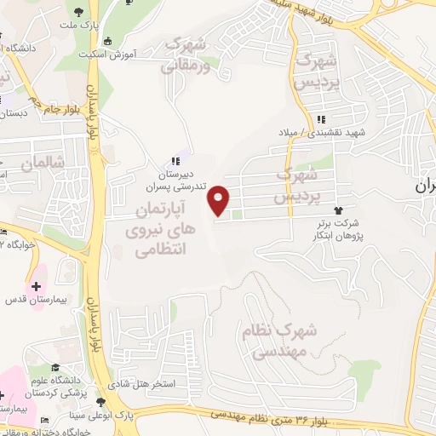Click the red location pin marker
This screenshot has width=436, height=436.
click(220, 199)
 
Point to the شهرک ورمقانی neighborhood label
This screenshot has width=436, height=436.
click(188, 52)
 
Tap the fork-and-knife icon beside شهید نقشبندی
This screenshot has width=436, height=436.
click(320, 119)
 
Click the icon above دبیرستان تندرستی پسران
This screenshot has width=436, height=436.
click(174, 159)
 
